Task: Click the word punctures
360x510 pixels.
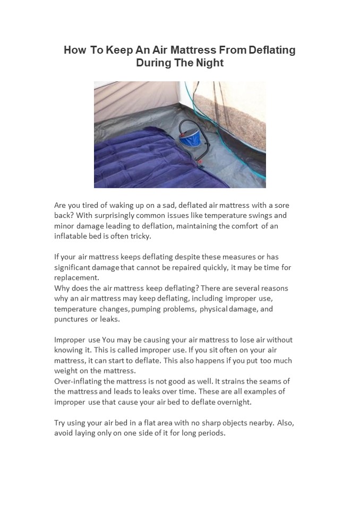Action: click(x=72, y=319)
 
